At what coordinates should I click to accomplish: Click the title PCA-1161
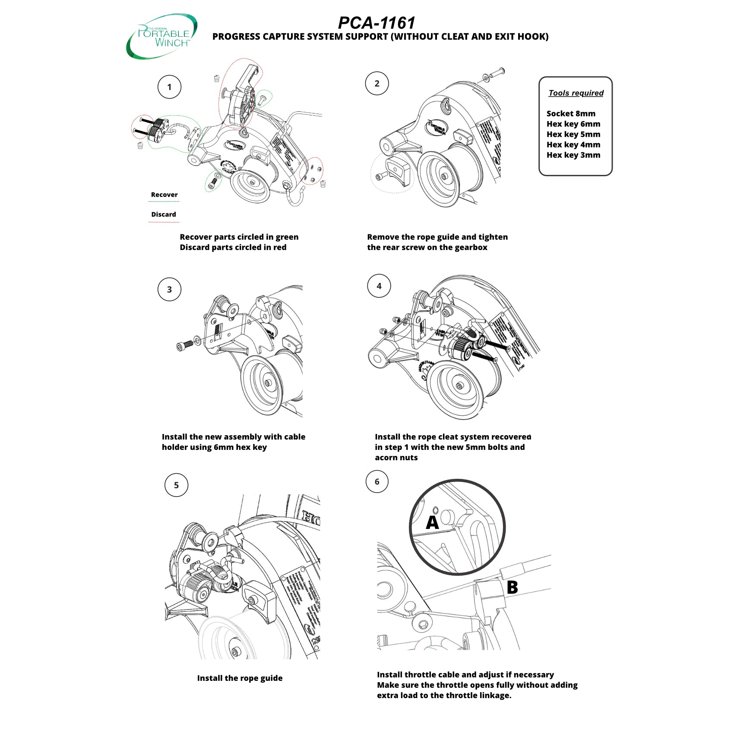tap(376, 22)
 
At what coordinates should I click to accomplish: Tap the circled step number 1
tap(169, 87)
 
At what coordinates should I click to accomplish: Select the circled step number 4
tap(379, 286)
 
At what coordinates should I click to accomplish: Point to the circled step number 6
tap(376, 481)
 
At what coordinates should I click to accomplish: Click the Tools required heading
tap(576, 93)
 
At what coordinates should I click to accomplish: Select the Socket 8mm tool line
tap(570, 114)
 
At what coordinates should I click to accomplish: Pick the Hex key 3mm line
tap(573, 155)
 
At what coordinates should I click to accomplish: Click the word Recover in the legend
tap(164, 195)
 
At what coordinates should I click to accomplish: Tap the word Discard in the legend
tap(163, 214)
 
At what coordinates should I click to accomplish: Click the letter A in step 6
tap(432, 522)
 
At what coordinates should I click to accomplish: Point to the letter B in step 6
tap(512, 587)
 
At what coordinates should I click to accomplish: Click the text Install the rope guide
tap(240, 678)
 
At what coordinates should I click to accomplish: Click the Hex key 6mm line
tap(573, 124)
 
